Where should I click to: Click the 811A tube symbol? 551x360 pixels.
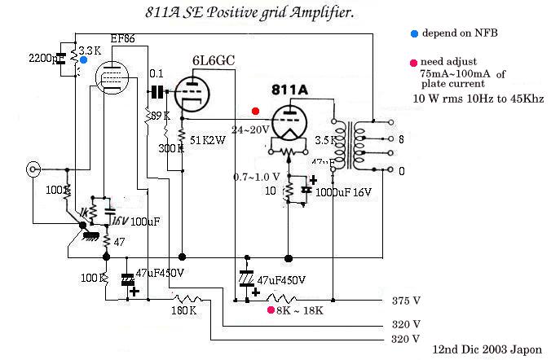(289, 122)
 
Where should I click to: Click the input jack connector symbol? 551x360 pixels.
(33, 170)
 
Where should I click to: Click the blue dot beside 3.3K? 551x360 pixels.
(84, 61)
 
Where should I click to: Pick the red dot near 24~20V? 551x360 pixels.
(256, 111)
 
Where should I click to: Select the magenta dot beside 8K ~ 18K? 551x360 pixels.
(271, 310)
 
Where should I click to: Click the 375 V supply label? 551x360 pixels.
(406, 301)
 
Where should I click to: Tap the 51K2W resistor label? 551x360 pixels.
(207, 140)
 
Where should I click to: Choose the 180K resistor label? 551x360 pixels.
(183, 310)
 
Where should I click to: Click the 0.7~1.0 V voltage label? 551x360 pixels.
(258, 177)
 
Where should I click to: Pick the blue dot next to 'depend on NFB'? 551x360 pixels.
(415, 33)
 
